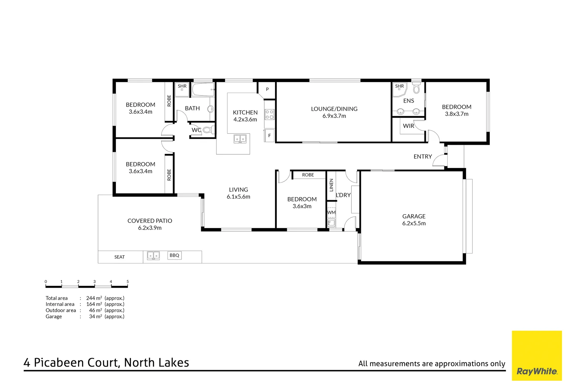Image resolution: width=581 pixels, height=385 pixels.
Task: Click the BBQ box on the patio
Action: [174, 255]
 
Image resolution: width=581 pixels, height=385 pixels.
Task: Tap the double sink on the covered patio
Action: [154, 256]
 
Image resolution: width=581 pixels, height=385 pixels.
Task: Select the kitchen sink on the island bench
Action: [240, 138]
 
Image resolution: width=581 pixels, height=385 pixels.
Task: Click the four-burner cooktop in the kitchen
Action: [270, 114]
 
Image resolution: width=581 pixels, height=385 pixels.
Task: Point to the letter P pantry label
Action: [267, 89]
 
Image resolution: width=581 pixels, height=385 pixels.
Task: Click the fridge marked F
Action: [269, 135]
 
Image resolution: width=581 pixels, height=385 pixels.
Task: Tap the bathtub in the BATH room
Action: [203, 90]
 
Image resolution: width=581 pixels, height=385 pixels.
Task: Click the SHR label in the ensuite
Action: [399, 86]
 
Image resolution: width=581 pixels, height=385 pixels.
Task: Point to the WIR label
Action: [408, 126]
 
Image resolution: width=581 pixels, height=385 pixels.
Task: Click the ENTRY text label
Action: [423, 156]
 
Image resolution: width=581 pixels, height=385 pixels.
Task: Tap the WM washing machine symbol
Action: [331, 212]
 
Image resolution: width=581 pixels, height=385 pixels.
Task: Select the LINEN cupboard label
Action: [331, 185]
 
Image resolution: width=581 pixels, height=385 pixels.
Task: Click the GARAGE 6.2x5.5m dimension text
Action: [414, 224]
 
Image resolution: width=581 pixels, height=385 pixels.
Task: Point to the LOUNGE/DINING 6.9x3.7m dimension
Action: [334, 116]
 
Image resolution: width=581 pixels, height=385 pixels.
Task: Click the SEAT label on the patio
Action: [119, 257]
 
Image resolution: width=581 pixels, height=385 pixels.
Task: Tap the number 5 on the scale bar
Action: [127, 282]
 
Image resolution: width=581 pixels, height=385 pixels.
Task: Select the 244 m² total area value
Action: [94, 298]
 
